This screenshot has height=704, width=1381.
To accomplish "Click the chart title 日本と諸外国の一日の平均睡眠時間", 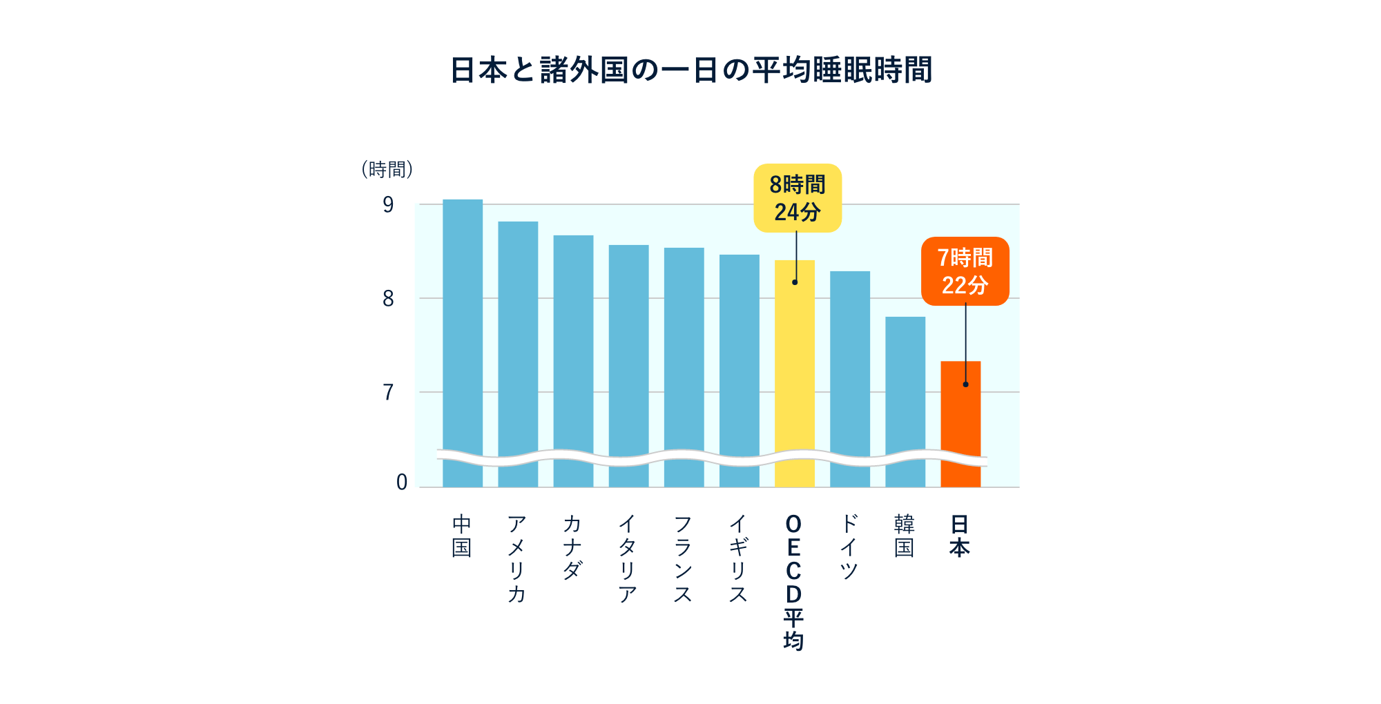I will click(x=690, y=70).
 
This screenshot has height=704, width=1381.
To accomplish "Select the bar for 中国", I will click(x=463, y=331).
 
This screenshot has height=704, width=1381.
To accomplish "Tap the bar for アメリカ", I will click(x=518, y=345).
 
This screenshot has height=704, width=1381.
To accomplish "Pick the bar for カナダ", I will click(x=573, y=352).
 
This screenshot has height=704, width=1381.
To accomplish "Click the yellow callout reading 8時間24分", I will click(x=798, y=198).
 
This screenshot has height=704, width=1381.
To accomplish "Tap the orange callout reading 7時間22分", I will click(x=965, y=271).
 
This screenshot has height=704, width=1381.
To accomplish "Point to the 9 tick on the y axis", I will click(x=388, y=205).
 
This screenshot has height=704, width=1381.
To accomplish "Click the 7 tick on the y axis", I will click(x=388, y=393).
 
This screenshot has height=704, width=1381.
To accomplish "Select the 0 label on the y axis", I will click(x=401, y=482).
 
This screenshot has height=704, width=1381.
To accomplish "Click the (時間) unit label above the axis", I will click(x=387, y=169).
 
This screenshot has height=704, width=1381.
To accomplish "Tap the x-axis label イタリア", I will click(x=627, y=558).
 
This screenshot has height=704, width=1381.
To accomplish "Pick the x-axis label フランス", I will click(x=682, y=558).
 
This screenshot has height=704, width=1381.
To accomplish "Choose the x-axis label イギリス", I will click(x=737, y=558).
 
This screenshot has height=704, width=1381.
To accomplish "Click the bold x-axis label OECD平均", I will click(x=793, y=582).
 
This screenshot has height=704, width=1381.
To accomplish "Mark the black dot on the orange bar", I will click(x=965, y=384).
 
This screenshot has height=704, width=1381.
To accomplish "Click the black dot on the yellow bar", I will click(x=795, y=282).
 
